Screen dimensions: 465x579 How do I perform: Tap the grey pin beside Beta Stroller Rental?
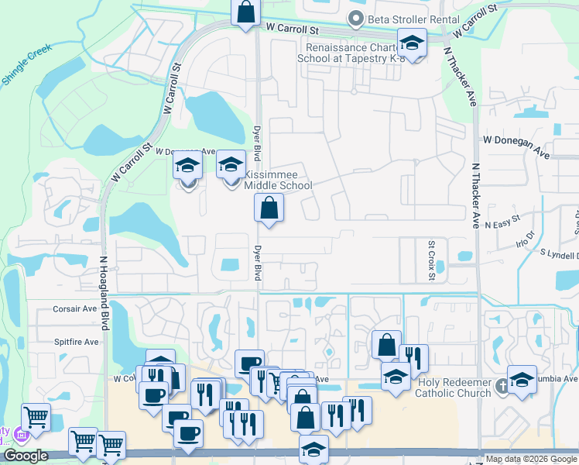(356, 19)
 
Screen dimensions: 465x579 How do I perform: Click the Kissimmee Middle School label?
(278, 180)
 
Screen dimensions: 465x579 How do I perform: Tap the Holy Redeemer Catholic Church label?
(454, 387)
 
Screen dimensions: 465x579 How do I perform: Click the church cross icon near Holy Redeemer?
(502, 385)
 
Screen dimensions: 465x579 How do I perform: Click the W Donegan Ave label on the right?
(516, 146)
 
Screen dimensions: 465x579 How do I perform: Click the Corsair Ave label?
(74, 308)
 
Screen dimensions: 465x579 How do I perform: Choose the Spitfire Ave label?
(77, 342)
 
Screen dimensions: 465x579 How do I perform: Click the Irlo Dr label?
(526, 239)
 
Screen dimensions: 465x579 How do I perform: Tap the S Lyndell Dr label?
(559, 254)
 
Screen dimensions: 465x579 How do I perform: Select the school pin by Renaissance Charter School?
(412, 43)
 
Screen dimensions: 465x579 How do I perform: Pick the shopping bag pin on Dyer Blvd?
(269, 208)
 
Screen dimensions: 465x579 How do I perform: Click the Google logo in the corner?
(26, 456)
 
